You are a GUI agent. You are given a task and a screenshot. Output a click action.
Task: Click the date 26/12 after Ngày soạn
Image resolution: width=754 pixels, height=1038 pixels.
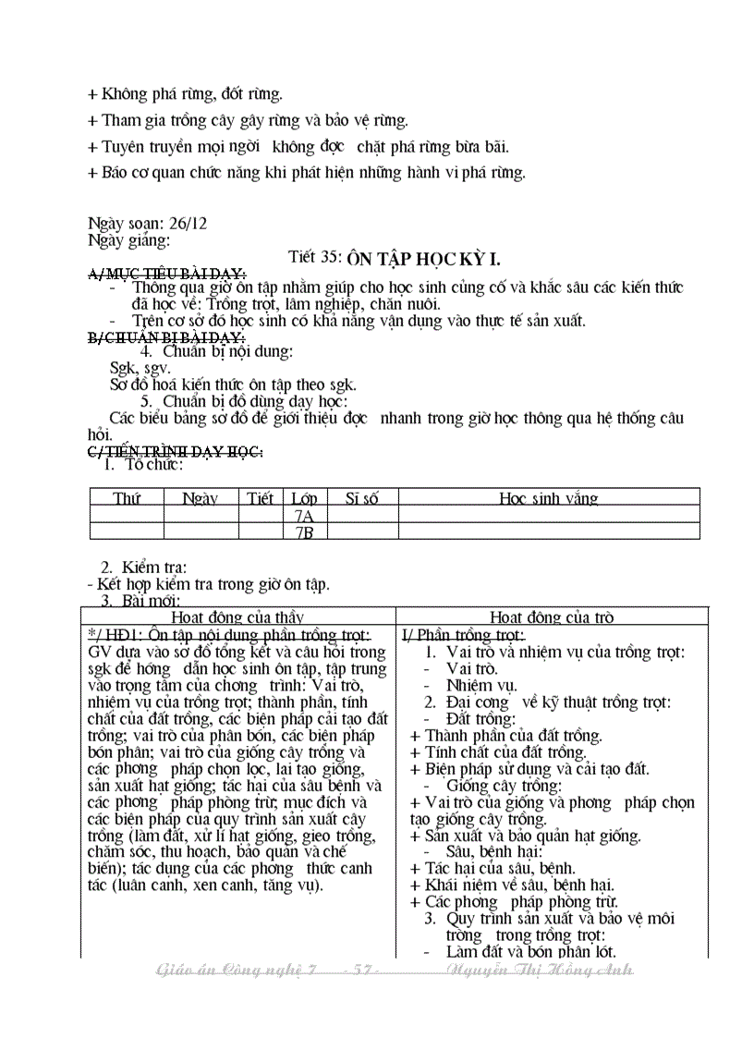pyautogui.click(x=188, y=225)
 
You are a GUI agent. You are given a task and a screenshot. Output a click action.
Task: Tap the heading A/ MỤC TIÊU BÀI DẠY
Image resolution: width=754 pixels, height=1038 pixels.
pyautogui.click(x=166, y=274)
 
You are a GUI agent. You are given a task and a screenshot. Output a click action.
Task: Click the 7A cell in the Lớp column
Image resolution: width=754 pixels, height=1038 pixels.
pyautogui.click(x=303, y=516)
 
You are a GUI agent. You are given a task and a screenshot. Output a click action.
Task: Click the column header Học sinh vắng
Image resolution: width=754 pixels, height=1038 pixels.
pyautogui.click(x=548, y=498)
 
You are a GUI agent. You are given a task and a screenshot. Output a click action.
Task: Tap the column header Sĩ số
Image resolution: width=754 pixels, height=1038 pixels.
pyautogui.click(x=362, y=498)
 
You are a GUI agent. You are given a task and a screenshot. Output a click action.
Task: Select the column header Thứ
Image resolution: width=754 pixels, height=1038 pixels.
pyautogui.click(x=127, y=498)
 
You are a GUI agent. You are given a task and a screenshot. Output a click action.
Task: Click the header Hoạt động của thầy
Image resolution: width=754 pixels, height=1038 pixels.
pyautogui.click(x=237, y=617)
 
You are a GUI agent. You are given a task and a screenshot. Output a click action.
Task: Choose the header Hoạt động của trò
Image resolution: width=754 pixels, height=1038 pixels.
pyautogui.click(x=552, y=617)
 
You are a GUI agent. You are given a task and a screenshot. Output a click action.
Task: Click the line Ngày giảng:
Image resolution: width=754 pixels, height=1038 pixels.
pyautogui.click(x=128, y=240)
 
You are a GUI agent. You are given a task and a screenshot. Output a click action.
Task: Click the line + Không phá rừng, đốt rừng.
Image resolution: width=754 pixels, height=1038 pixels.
pyautogui.click(x=185, y=94)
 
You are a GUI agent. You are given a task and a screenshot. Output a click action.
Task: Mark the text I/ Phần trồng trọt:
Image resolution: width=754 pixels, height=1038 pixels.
pyautogui.click(x=463, y=635)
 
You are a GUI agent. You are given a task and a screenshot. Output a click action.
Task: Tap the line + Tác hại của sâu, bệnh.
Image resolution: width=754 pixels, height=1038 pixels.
pyautogui.click(x=493, y=868)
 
